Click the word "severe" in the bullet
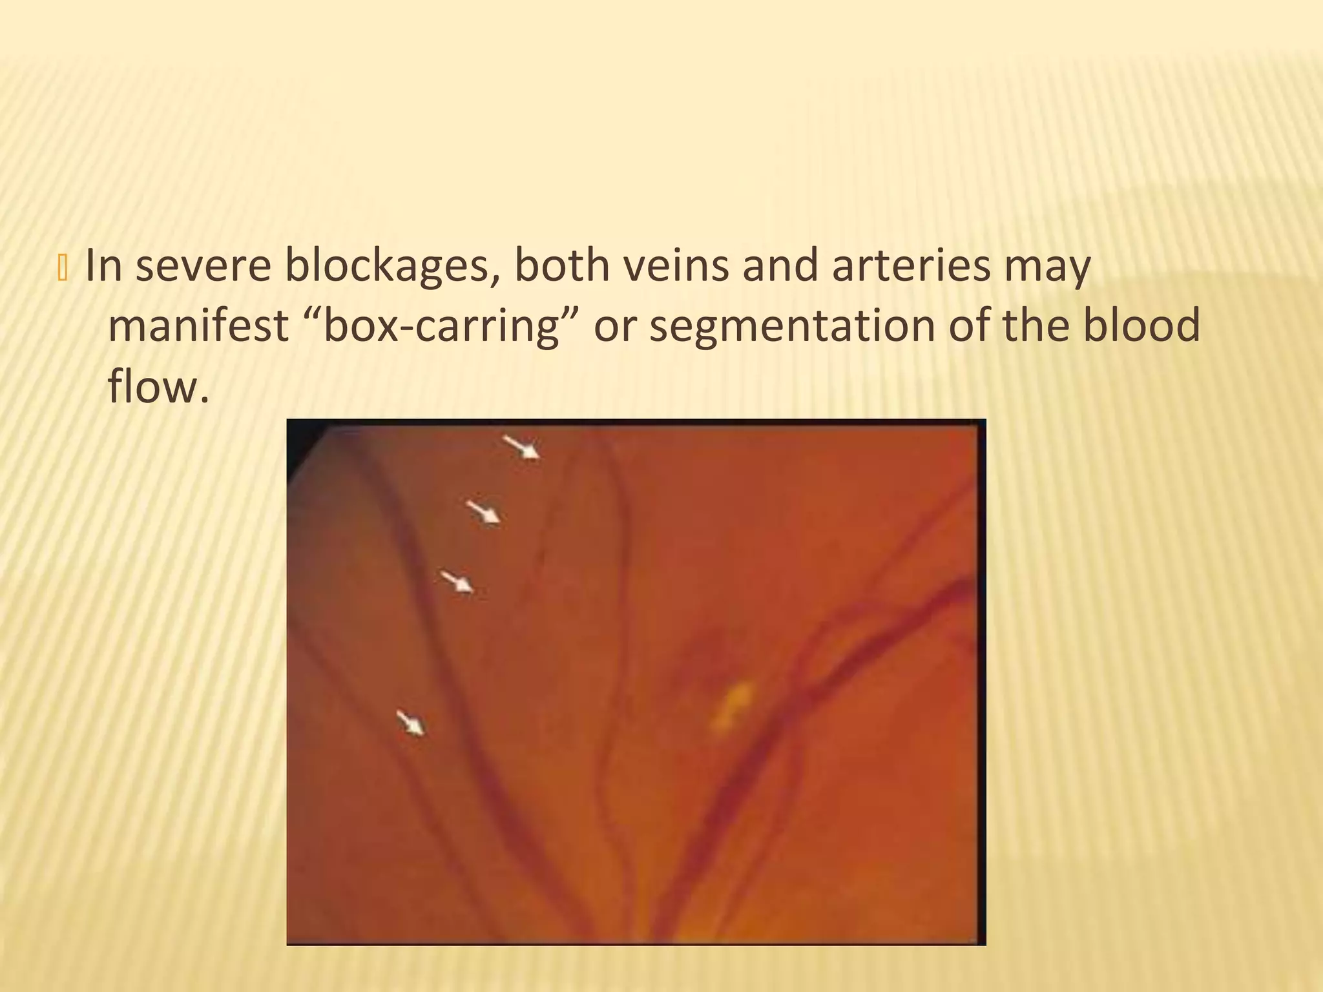coord(203,266)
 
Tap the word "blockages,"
coord(393,266)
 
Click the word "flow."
coord(158,386)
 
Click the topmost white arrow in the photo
coord(522,446)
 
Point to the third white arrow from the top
coord(457,581)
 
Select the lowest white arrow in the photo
coord(411,722)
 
